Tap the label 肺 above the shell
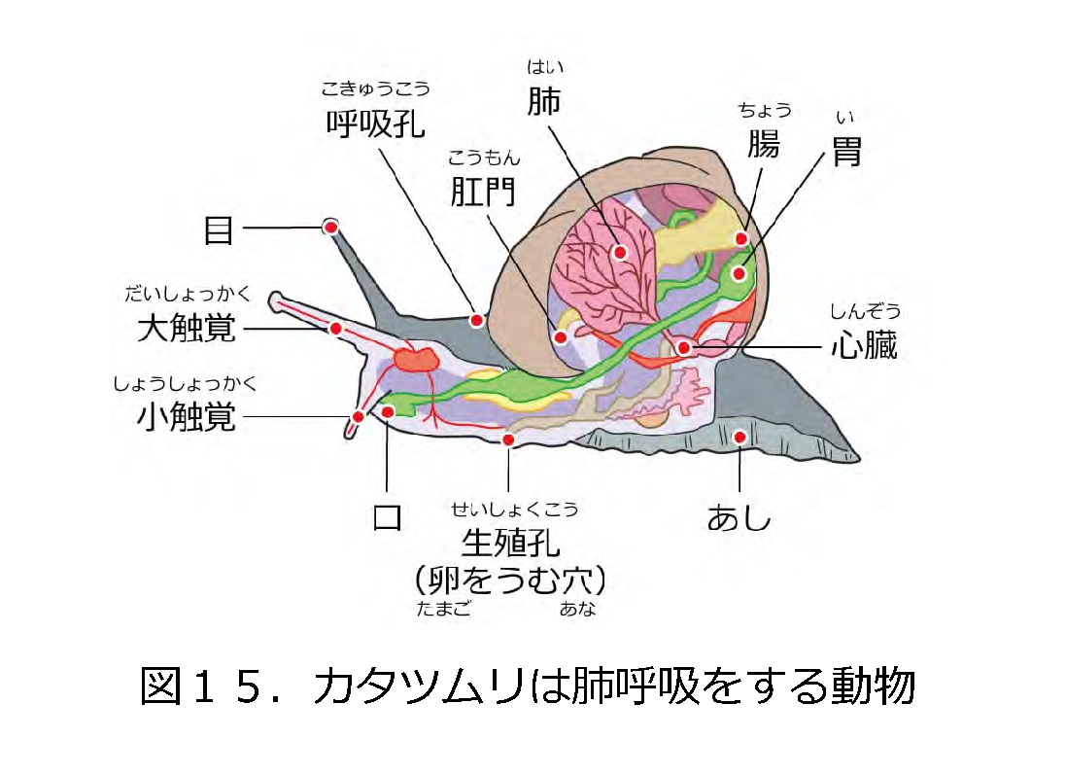pyautogui.click(x=544, y=101)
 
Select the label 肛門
pyautogui.click(x=483, y=193)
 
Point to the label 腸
pyautogui.click(x=763, y=144)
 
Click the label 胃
pyautogui.click(x=847, y=152)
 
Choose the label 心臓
pyautogui.click(x=864, y=346)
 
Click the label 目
pyautogui.click(x=219, y=229)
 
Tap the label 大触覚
pyautogui.click(x=188, y=329)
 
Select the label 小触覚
pyautogui.click(x=187, y=418)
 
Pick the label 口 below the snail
pyautogui.click(x=388, y=516)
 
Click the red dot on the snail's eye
pyautogui.click(x=330, y=227)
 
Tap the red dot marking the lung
pyautogui.click(x=619, y=252)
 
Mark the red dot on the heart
pyautogui.click(x=684, y=347)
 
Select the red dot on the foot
pyautogui.click(x=739, y=438)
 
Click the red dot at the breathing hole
pyautogui.click(x=477, y=320)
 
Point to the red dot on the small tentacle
pyautogui.click(x=358, y=417)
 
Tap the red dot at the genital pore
pyautogui.click(x=507, y=440)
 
